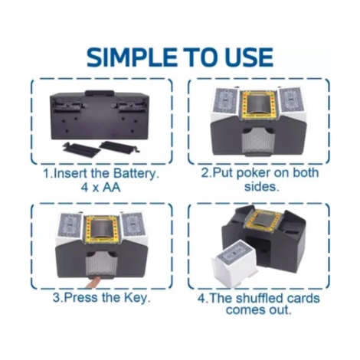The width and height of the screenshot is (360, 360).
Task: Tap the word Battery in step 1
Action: (135, 174)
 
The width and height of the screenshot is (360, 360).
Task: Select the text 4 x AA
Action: (100, 188)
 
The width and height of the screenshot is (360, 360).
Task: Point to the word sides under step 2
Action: (260, 187)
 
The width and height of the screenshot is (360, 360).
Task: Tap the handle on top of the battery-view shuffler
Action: (100, 93)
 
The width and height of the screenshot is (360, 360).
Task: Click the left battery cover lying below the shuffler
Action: (79, 148)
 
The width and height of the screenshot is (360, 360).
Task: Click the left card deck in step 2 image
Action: (226, 101)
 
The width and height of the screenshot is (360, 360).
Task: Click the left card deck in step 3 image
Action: (70, 226)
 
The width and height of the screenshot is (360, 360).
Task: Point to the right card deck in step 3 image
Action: (133, 224)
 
